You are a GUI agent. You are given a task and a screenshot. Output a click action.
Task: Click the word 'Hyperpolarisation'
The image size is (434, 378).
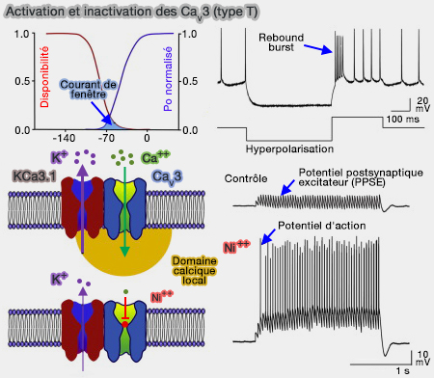coord(288,149)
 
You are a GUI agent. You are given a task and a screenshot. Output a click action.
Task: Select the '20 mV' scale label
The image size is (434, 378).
coord(422,104)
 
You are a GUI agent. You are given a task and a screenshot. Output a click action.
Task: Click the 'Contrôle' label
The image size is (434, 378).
coord(247,178)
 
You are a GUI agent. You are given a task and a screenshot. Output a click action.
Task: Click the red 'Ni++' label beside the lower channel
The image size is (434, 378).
coord(164,296)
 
